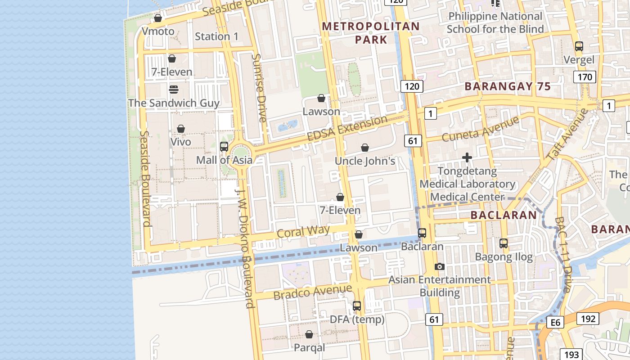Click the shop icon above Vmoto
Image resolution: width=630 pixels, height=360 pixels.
tap(158, 18)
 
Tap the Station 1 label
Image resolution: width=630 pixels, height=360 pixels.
tap(216, 36)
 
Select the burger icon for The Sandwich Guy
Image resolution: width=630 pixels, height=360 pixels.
tap(174, 89)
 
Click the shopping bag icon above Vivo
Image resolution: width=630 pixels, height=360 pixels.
tap(181, 129)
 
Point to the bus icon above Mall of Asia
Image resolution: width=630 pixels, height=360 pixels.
tap(224, 146)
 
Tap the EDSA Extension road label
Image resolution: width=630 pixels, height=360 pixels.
tap(347, 129)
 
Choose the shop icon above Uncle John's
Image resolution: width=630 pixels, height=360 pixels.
tap(365, 148)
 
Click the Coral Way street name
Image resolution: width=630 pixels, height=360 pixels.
tap(303, 232)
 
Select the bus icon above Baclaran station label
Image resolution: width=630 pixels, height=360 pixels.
tap(422, 233)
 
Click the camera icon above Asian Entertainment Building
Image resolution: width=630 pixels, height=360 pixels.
tap(440, 266)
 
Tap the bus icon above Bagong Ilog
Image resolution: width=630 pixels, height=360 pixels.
tap(504, 243)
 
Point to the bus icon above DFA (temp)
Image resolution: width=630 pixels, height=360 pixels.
tap(357, 306)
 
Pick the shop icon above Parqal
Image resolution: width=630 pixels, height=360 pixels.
tap(309, 334)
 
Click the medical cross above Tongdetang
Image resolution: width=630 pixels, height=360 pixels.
tap(467, 157)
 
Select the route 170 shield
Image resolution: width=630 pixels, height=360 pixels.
tap(585, 77)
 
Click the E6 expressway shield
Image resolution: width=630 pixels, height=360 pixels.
tap(556, 322)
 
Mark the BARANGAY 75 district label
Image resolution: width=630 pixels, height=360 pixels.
tap(508, 86)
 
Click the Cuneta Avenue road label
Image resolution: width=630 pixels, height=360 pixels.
tap(481, 128)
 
